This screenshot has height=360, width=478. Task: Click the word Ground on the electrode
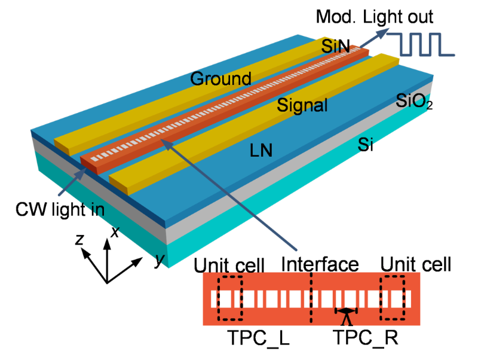click(x=220, y=78)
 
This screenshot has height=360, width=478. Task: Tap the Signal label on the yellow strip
click(x=302, y=106)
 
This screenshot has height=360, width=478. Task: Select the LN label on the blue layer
click(x=261, y=151)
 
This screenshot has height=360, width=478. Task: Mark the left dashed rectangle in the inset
click(x=230, y=298)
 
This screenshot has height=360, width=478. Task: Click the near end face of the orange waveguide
click(x=89, y=166)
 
